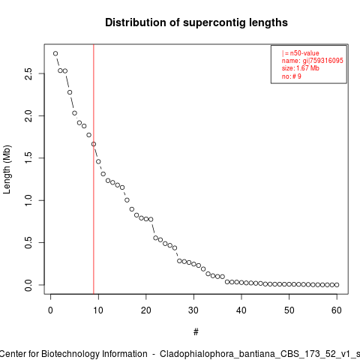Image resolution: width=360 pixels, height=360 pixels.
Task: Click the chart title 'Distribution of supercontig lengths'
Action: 196,22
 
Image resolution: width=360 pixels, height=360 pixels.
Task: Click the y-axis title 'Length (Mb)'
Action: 7,169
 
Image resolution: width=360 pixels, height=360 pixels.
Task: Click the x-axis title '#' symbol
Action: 196,332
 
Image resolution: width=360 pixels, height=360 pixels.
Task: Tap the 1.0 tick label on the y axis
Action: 28,200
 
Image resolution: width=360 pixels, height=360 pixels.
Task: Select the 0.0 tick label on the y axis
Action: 28,285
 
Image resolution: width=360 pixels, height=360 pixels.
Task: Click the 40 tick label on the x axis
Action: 241,310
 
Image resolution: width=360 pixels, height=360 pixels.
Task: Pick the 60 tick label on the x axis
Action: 337,310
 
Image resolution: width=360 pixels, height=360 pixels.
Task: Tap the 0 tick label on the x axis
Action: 50,310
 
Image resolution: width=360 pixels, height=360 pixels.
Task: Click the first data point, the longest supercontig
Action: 55,53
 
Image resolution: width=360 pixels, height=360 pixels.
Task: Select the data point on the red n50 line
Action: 94,144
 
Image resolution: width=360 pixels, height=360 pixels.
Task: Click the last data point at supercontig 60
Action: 337,285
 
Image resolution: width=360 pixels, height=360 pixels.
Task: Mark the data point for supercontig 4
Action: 70,92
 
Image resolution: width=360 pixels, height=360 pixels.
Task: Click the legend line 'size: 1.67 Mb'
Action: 301,68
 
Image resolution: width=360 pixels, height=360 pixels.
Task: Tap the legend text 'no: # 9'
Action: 292,76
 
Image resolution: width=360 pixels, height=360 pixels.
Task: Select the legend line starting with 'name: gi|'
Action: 313,61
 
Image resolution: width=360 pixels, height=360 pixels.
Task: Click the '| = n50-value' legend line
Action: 301,53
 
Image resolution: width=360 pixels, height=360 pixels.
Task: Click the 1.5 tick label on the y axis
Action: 28,158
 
